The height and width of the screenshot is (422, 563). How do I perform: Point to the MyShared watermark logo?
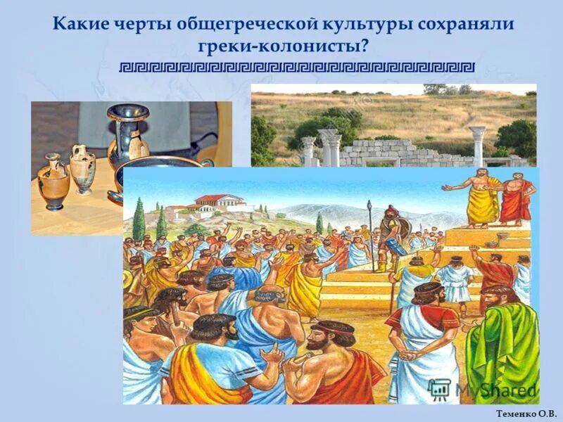coord(481,389)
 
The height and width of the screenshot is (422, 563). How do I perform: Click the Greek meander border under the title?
coord(296,68)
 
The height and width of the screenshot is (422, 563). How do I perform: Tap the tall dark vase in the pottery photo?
coord(127,137)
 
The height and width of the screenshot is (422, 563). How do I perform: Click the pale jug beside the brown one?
coord(82,169)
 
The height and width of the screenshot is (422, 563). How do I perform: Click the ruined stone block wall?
coord(384,151)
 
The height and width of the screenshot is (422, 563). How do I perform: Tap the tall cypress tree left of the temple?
coord(139,219)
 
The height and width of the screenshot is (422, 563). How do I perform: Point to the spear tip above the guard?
coord(369,205)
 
